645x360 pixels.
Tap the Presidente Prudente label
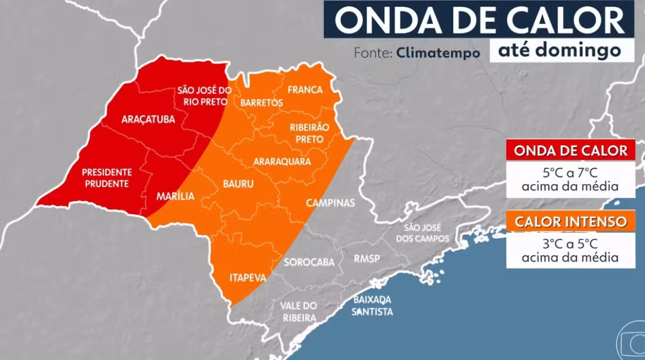tap(106, 178)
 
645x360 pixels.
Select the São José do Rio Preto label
tap(204, 96)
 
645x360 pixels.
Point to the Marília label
tap(175, 196)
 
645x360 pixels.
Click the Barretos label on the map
tap(261, 102)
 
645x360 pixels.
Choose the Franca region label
tap(305, 90)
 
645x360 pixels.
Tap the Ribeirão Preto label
tap(306, 134)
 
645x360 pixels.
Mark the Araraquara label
tap(282, 161)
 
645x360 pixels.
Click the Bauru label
tap(238, 184)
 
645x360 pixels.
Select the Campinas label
tap(331, 203)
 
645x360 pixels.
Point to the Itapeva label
tap(248, 278)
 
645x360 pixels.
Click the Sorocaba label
tap(309, 262)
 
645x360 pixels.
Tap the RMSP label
tap(367, 259)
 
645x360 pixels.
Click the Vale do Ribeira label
tap(298, 312)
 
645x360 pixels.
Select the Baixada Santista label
tap(372, 306)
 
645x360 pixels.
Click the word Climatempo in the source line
tap(439, 53)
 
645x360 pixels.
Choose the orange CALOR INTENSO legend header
tap(570, 222)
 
